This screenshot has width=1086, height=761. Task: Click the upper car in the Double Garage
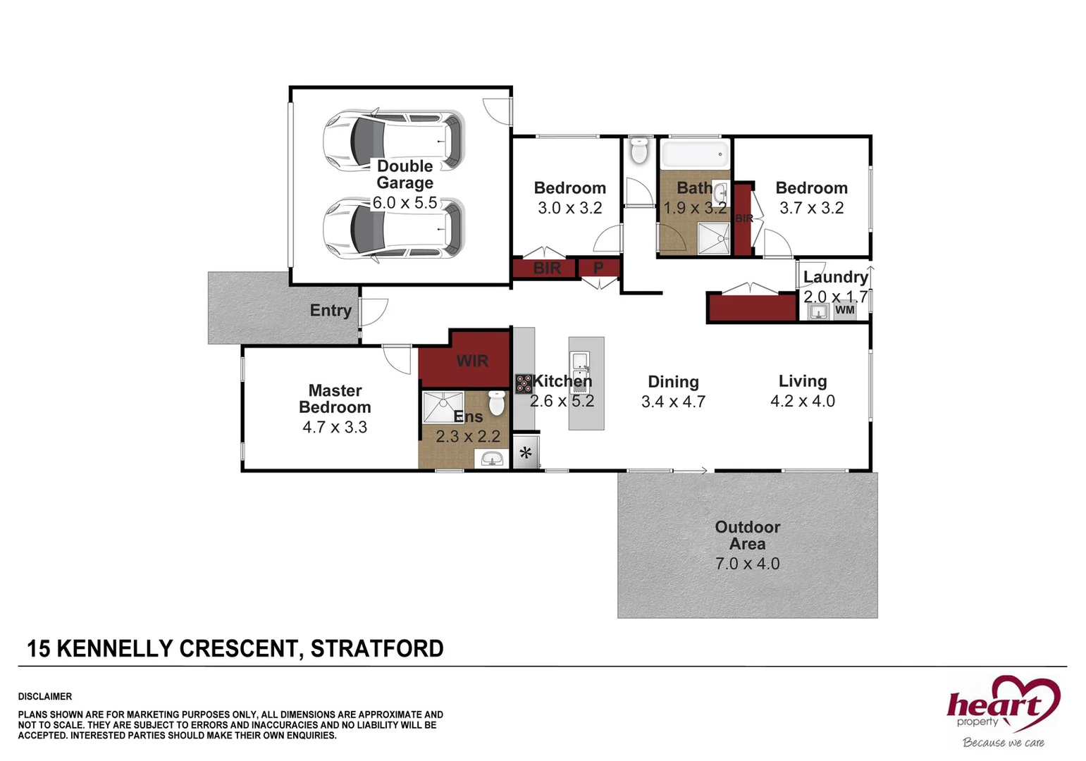(394, 140)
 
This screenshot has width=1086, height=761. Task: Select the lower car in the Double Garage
(394, 229)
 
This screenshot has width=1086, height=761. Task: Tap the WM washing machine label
(844, 310)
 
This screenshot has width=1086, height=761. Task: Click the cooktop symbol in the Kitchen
(524, 384)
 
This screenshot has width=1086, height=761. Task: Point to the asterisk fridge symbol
(526, 453)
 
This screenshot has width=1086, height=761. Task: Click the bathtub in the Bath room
(694, 153)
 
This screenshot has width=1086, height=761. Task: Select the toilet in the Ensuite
(497, 403)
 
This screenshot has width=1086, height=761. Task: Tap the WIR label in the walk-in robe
(471, 361)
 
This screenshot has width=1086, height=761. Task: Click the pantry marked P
(598, 268)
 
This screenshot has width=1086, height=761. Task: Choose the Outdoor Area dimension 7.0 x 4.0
(747, 564)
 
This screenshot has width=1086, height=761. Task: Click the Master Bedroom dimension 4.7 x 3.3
(335, 427)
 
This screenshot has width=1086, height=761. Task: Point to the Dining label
(673, 382)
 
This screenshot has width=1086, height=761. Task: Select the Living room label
(802, 381)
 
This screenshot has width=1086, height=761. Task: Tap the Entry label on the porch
(331, 311)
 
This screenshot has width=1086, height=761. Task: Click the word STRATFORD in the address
(377, 648)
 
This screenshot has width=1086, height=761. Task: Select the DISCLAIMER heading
(45, 696)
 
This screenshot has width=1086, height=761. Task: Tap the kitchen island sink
(580, 362)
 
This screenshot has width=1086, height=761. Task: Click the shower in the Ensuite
(443, 407)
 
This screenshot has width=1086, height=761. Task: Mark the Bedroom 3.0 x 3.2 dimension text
(569, 208)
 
